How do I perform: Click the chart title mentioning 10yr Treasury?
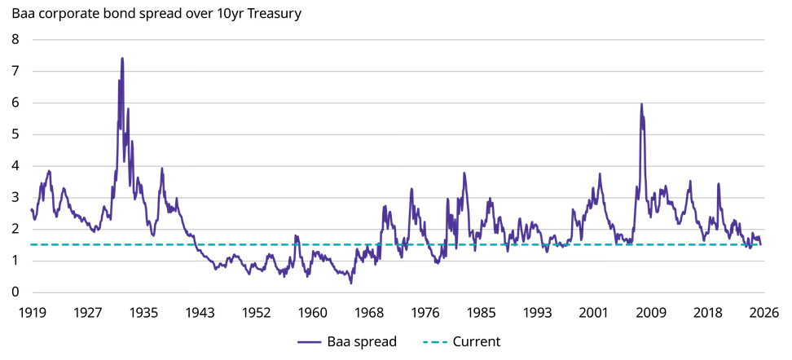tap(156, 14)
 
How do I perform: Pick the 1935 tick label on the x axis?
tap(143, 313)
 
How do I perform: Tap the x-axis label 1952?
tap(256, 313)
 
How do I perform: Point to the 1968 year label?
tap(368, 313)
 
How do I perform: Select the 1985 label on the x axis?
tap(481, 313)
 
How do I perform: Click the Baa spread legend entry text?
tap(362, 342)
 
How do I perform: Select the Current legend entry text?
tap(477, 342)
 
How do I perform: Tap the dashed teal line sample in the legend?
tap(434, 342)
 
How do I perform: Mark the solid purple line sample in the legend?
tap(309, 342)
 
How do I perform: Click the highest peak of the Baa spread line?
tap(122, 58)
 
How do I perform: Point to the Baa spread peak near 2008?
tap(641, 104)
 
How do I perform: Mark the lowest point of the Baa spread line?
tap(351, 283)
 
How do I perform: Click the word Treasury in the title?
tap(277, 14)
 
